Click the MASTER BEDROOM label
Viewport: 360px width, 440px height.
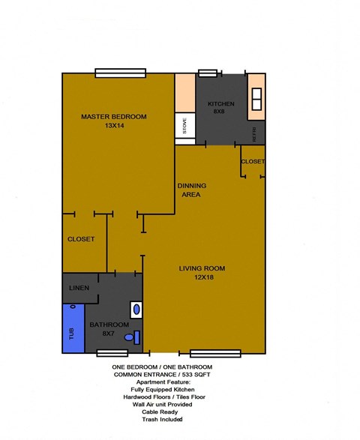(114, 116)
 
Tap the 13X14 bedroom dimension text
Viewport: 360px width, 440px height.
(115, 126)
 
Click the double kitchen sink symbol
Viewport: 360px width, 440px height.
(256, 98)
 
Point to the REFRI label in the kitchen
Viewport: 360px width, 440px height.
(256, 136)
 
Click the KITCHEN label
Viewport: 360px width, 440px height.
(220, 103)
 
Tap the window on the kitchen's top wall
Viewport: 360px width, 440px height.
(207, 73)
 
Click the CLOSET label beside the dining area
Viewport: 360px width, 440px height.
(253, 162)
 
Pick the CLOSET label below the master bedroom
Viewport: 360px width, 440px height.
(81, 239)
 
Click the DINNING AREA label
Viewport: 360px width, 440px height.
(191, 190)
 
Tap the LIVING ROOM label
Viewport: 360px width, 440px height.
(202, 268)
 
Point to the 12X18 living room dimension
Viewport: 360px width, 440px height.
(202, 278)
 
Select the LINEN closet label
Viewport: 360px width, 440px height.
(79, 289)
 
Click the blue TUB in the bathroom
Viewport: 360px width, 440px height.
(73, 328)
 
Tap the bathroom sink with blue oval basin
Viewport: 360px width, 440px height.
(136, 308)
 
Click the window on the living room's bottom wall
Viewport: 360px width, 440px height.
(215, 352)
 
